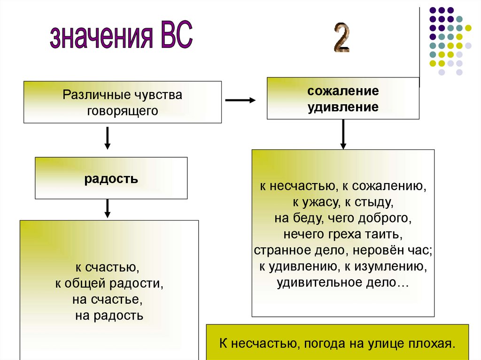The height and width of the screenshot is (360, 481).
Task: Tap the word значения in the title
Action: (100, 38)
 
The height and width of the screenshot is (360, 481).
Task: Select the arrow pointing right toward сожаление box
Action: (240, 100)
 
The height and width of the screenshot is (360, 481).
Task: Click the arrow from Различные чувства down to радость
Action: (107, 138)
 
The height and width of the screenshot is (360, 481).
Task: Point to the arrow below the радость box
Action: (107, 208)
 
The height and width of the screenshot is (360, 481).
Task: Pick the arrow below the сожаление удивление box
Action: (343, 134)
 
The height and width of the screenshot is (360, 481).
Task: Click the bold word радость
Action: (111, 178)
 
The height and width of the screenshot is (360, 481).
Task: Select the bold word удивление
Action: (343, 107)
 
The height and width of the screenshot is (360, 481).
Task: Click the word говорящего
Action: (122, 111)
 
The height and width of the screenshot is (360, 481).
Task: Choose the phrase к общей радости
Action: (109, 283)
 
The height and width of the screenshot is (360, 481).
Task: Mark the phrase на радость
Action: (109, 315)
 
